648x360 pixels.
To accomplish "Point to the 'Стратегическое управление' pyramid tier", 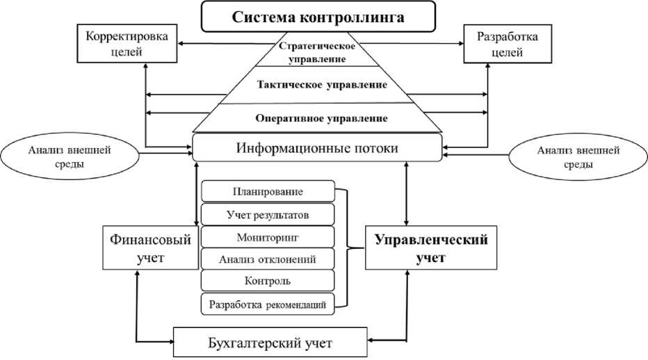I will coord(317,53).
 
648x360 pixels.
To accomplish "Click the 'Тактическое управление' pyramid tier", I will coord(317,85).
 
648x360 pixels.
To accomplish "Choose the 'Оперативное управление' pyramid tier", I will coord(317,117).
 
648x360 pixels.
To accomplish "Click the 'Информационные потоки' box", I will coord(317,148).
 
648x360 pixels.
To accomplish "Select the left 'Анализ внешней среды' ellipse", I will coord(70,157).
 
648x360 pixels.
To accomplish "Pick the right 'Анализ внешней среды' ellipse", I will coord(565,157).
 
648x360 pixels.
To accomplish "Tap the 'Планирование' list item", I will coord(267,191).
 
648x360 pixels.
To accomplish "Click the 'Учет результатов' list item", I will coord(267,214).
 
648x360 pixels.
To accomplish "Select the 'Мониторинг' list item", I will coord(267,237).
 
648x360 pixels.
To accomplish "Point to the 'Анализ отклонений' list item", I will coord(267,259).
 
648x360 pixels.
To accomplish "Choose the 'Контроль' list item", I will coord(267,281).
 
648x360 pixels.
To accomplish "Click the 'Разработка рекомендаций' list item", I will coord(267,303).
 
